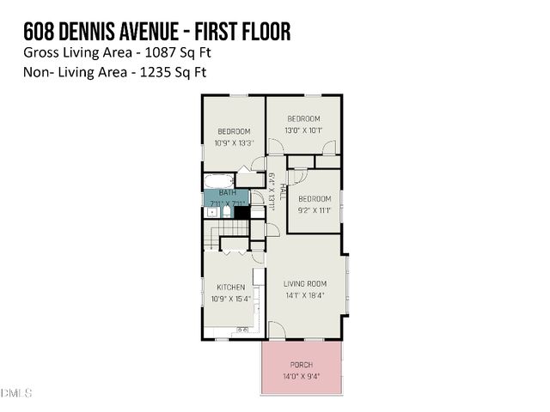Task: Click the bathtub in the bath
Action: pos(218,181)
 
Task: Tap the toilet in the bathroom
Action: pos(226,211)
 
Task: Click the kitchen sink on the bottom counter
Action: pos(242,329)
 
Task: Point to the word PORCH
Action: pos(301,365)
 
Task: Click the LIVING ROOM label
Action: pos(306,284)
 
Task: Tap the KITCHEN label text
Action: pos(230,287)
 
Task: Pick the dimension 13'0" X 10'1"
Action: pos(303,130)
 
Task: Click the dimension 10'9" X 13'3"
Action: pos(234,142)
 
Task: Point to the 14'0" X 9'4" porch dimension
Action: pos(301,376)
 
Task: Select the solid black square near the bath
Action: pos(241,212)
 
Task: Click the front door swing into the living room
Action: pos(276,330)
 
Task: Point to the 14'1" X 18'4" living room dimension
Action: pos(306,296)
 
